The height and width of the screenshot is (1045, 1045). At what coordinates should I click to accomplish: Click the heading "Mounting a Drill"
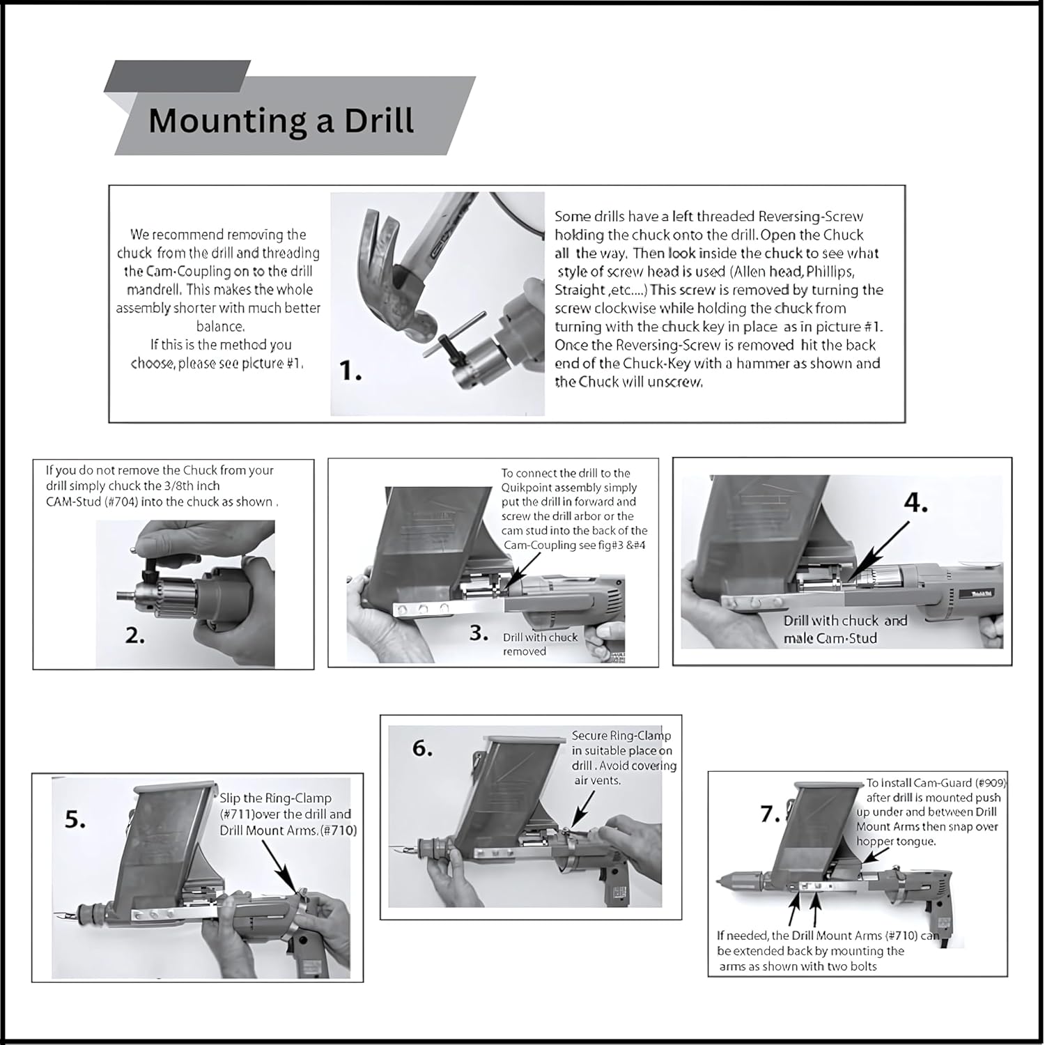pos(281,120)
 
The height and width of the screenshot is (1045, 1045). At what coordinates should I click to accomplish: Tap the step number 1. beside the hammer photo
pos(350,372)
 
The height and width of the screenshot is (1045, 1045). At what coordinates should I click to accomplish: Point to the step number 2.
pos(134,635)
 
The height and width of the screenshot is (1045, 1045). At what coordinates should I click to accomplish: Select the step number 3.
pos(479,633)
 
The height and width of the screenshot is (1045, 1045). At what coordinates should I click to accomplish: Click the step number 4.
pos(915,503)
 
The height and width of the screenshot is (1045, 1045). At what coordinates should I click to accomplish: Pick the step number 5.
pos(77,820)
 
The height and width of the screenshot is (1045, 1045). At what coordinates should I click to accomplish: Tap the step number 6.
pos(422,748)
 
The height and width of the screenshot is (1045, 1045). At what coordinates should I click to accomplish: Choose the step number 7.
pos(771,813)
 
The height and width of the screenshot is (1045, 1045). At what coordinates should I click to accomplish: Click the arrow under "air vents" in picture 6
pos(583,808)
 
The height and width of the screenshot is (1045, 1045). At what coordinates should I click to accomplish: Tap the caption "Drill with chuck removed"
pos(540,644)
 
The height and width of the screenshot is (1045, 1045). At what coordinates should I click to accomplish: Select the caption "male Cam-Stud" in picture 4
pos(830,638)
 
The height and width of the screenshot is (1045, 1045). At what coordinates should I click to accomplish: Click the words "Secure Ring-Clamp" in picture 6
pos(621,736)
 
